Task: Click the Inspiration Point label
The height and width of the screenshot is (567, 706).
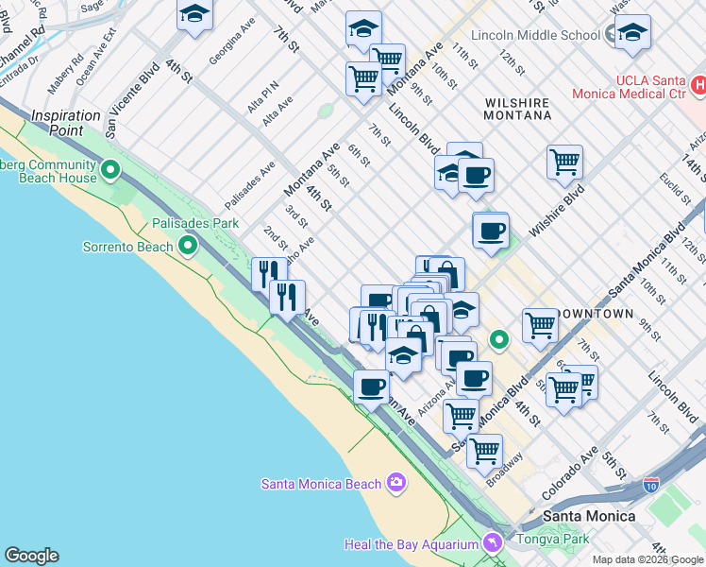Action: [x=65, y=123]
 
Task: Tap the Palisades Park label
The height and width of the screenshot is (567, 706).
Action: [x=195, y=224]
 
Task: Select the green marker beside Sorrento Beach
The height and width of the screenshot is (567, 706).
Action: [x=188, y=247]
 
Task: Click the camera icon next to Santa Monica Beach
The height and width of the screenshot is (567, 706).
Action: [x=396, y=483]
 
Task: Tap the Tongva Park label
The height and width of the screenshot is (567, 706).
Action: [x=549, y=540]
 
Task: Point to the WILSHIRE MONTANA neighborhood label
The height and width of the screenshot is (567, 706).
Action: [x=517, y=108]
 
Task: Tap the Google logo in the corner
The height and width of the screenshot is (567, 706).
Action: [x=31, y=556]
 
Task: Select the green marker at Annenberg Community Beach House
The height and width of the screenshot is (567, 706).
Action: [x=110, y=170]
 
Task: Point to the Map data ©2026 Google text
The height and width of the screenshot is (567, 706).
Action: [x=648, y=559]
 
